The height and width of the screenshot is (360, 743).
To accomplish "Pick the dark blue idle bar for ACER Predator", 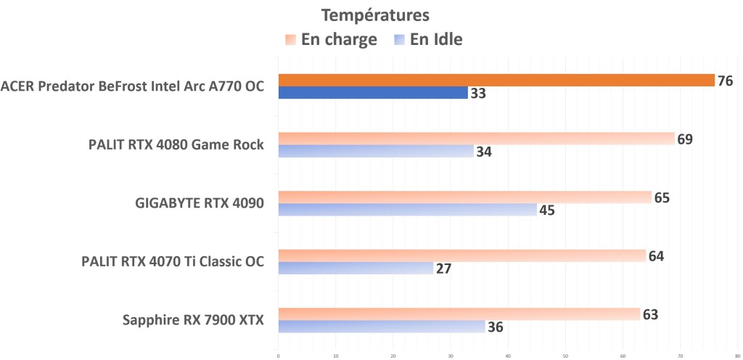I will (373, 93).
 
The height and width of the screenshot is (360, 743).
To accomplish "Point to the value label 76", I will (725, 81).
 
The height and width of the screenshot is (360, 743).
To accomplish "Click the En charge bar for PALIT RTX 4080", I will (476, 139).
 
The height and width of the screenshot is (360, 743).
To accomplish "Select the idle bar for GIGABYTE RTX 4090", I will (407, 210).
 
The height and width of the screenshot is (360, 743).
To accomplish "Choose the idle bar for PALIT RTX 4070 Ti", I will (356, 268).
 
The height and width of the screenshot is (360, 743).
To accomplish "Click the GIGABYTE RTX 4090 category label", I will (200, 203).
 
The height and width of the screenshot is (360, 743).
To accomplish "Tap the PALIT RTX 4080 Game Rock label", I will (175, 145).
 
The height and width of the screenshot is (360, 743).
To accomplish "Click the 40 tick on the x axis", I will (508, 356).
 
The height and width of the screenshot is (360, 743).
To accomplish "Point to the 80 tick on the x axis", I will (737, 356).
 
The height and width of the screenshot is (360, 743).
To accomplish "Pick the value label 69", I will (685, 139).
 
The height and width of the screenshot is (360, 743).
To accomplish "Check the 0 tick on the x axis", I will (279, 356).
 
